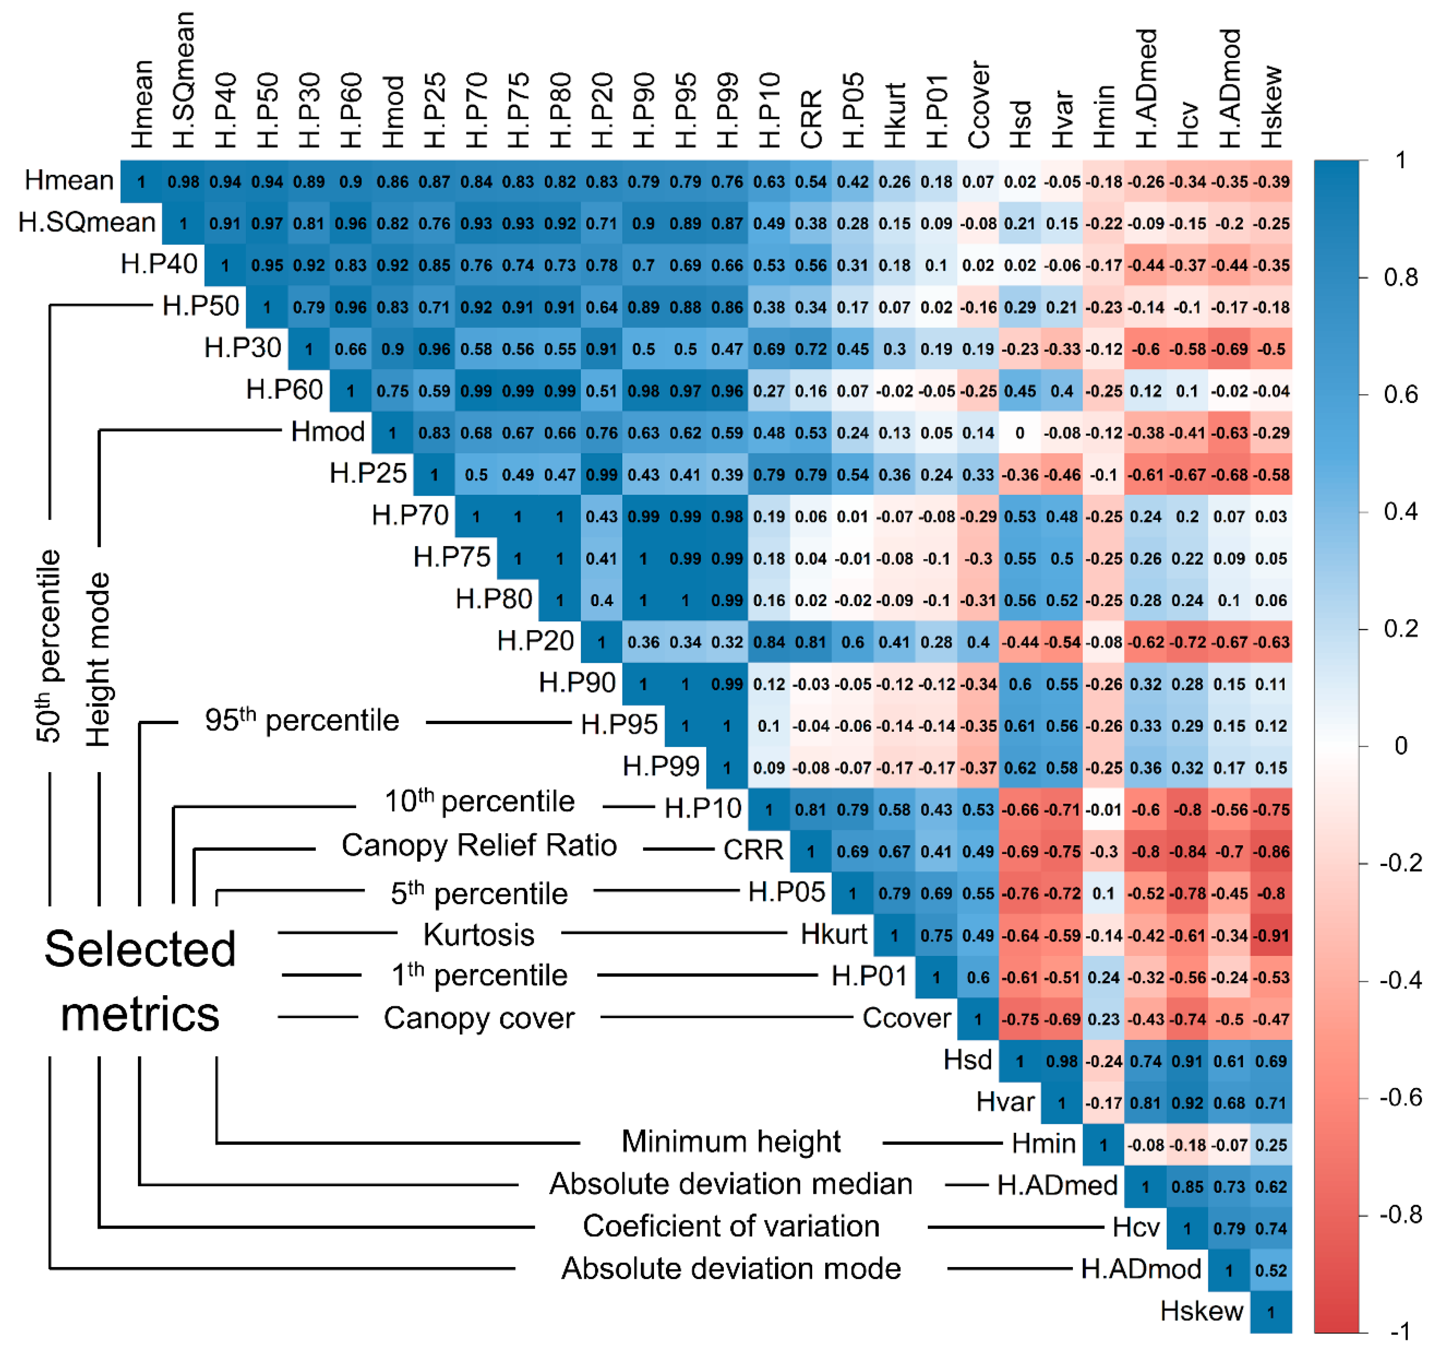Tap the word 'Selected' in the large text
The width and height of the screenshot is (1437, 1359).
[x=140, y=949]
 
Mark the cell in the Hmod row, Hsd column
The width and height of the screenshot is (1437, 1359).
[x=1020, y=433]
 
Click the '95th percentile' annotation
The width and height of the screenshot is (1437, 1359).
[x=301, y=721]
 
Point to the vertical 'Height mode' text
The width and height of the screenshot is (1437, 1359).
[x=98, y=659]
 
